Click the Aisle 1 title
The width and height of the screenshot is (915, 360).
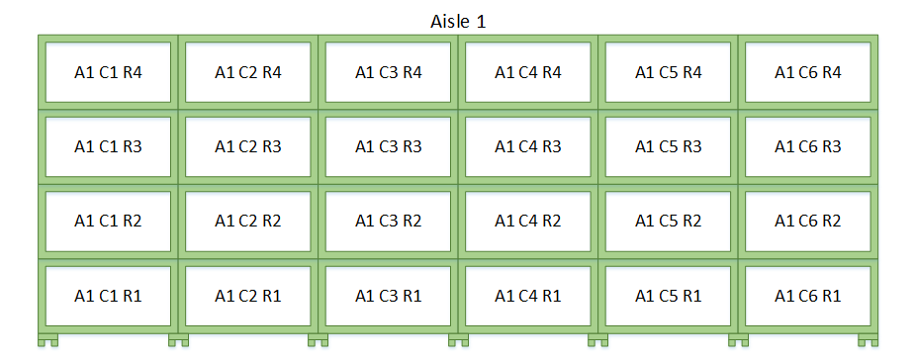tap(458, 21)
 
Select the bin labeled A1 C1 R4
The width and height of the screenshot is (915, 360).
tap(108, 72)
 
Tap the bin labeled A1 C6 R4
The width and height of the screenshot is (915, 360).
tap(807, 72)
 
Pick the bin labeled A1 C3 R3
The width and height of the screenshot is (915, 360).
tap(388, 146)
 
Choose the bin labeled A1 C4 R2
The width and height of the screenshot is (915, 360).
tap(528, 221)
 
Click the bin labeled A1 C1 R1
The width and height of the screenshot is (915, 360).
tap(108, 295)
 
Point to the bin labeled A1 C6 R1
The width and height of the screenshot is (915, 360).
tap(807, 295)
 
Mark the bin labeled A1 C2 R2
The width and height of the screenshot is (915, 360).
tap(248, 221)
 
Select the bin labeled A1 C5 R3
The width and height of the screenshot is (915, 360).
tap(668, 146)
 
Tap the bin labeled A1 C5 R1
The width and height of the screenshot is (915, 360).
tap(668, 295)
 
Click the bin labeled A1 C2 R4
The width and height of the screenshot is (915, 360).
tap(248, 72)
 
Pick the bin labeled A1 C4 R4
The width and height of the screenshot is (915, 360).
tap(528, 72)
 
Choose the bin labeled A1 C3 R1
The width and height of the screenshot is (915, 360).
tap(388, 295)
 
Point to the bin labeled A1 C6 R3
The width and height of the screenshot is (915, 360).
tap(807, 146)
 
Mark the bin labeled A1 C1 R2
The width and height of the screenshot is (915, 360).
tap(108, 221)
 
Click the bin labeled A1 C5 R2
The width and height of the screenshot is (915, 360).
tap(668, 221)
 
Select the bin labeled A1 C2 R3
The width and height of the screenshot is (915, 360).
tap(248, 146)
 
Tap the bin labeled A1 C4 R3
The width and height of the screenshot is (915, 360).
tap(528, 146)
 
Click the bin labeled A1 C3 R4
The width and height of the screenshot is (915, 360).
tap(388, 72)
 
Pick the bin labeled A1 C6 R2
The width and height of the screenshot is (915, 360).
tap(807, 221)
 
